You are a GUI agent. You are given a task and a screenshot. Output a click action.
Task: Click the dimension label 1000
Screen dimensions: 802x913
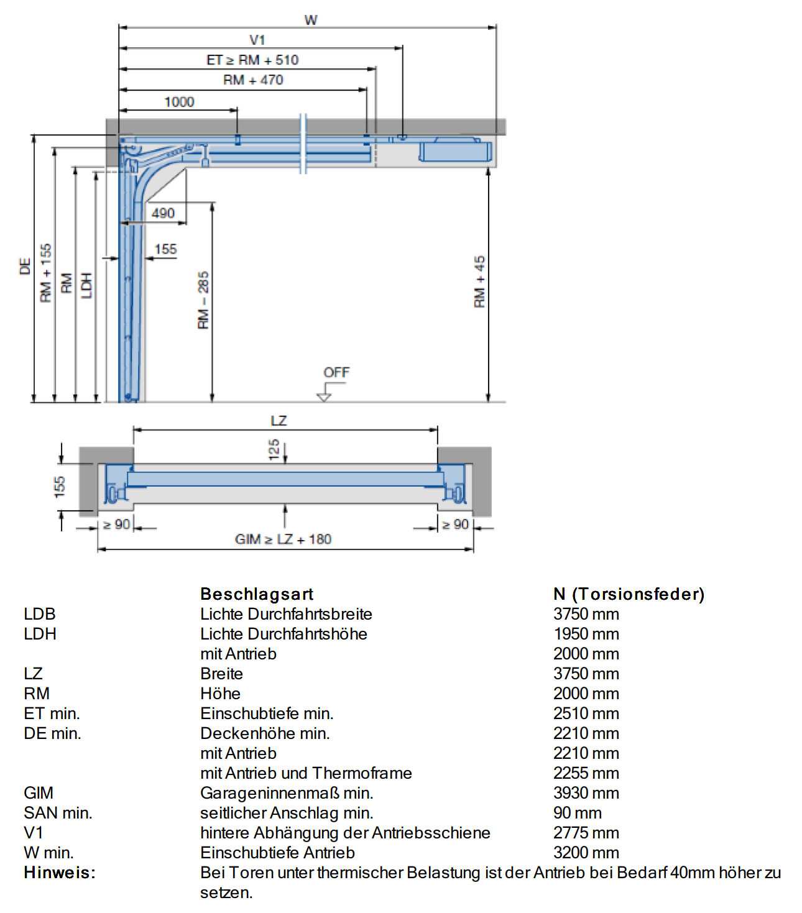point(179,102)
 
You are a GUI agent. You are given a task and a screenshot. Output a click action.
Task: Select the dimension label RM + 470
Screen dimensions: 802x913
point(253,80)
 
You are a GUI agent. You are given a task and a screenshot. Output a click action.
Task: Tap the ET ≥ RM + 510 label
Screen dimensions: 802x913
point(252,60)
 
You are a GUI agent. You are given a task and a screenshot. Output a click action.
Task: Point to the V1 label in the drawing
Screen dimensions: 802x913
point(257,40)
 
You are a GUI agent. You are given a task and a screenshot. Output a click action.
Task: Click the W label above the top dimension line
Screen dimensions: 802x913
point(311,21)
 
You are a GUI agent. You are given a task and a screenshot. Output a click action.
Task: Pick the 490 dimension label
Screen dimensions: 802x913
point(163,213)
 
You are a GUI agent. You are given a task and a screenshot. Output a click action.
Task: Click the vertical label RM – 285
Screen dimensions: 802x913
point(203,300)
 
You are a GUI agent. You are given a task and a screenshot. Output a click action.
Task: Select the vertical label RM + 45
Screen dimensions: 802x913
point(479,282)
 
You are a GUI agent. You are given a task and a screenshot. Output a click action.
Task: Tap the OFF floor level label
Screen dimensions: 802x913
point(336,372)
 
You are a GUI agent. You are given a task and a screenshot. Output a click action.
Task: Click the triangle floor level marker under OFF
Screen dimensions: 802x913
point(324,397)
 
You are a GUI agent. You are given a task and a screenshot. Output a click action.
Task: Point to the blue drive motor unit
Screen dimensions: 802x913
point(455,151)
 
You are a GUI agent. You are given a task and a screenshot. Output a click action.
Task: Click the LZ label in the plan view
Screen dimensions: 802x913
point(279,421)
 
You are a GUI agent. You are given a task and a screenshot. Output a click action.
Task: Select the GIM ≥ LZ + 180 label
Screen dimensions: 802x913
point(283,539)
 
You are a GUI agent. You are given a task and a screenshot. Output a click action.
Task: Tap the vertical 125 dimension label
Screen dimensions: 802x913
point(274,450)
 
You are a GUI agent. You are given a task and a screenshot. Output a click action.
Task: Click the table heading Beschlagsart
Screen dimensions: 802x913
point(257,594)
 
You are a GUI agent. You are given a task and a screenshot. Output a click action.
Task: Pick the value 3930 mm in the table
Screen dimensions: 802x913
point(586,792)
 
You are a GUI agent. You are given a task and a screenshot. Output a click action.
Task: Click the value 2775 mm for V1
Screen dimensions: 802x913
point(586,832)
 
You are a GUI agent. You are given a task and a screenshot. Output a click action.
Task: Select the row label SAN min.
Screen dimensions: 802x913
point(58,812)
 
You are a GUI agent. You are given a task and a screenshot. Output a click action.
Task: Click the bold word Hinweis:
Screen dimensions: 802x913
point(60,873)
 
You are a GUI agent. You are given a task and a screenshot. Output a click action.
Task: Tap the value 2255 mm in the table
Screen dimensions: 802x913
point(586,773)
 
